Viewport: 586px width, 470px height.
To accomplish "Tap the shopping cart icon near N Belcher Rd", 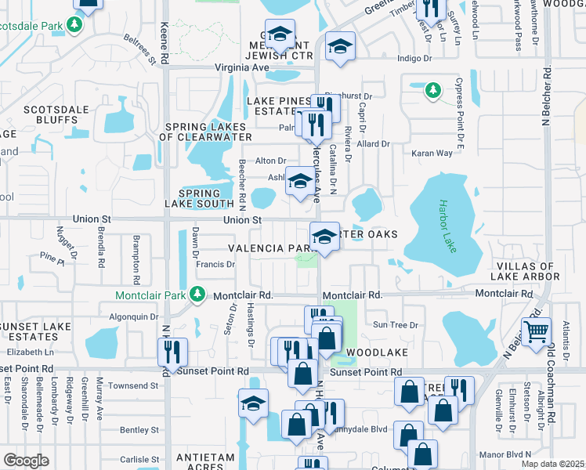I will tap(536, 331).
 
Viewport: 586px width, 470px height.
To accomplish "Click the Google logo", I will tap(26, 461).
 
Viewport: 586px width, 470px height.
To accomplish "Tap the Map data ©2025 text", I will tap(552, 464).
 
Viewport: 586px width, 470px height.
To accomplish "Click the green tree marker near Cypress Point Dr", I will tap(432, 91).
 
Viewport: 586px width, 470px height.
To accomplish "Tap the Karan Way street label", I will tap(433, 153).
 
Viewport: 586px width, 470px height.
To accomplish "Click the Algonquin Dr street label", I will tap(133, 316).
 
